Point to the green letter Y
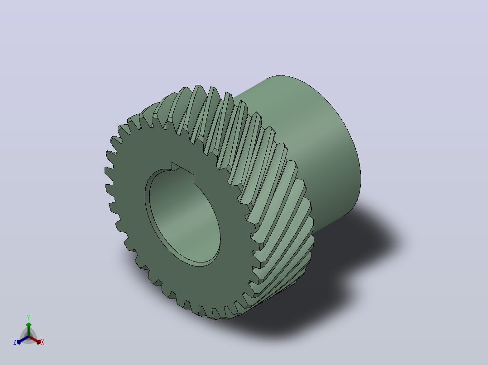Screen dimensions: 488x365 [x=29, y=318]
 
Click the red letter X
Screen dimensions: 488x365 [x=43, y=342]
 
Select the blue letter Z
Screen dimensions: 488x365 [x=15, y=342]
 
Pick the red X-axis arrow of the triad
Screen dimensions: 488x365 [x=35, y=340]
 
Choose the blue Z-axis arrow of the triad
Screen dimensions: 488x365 [x=23, y=340]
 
